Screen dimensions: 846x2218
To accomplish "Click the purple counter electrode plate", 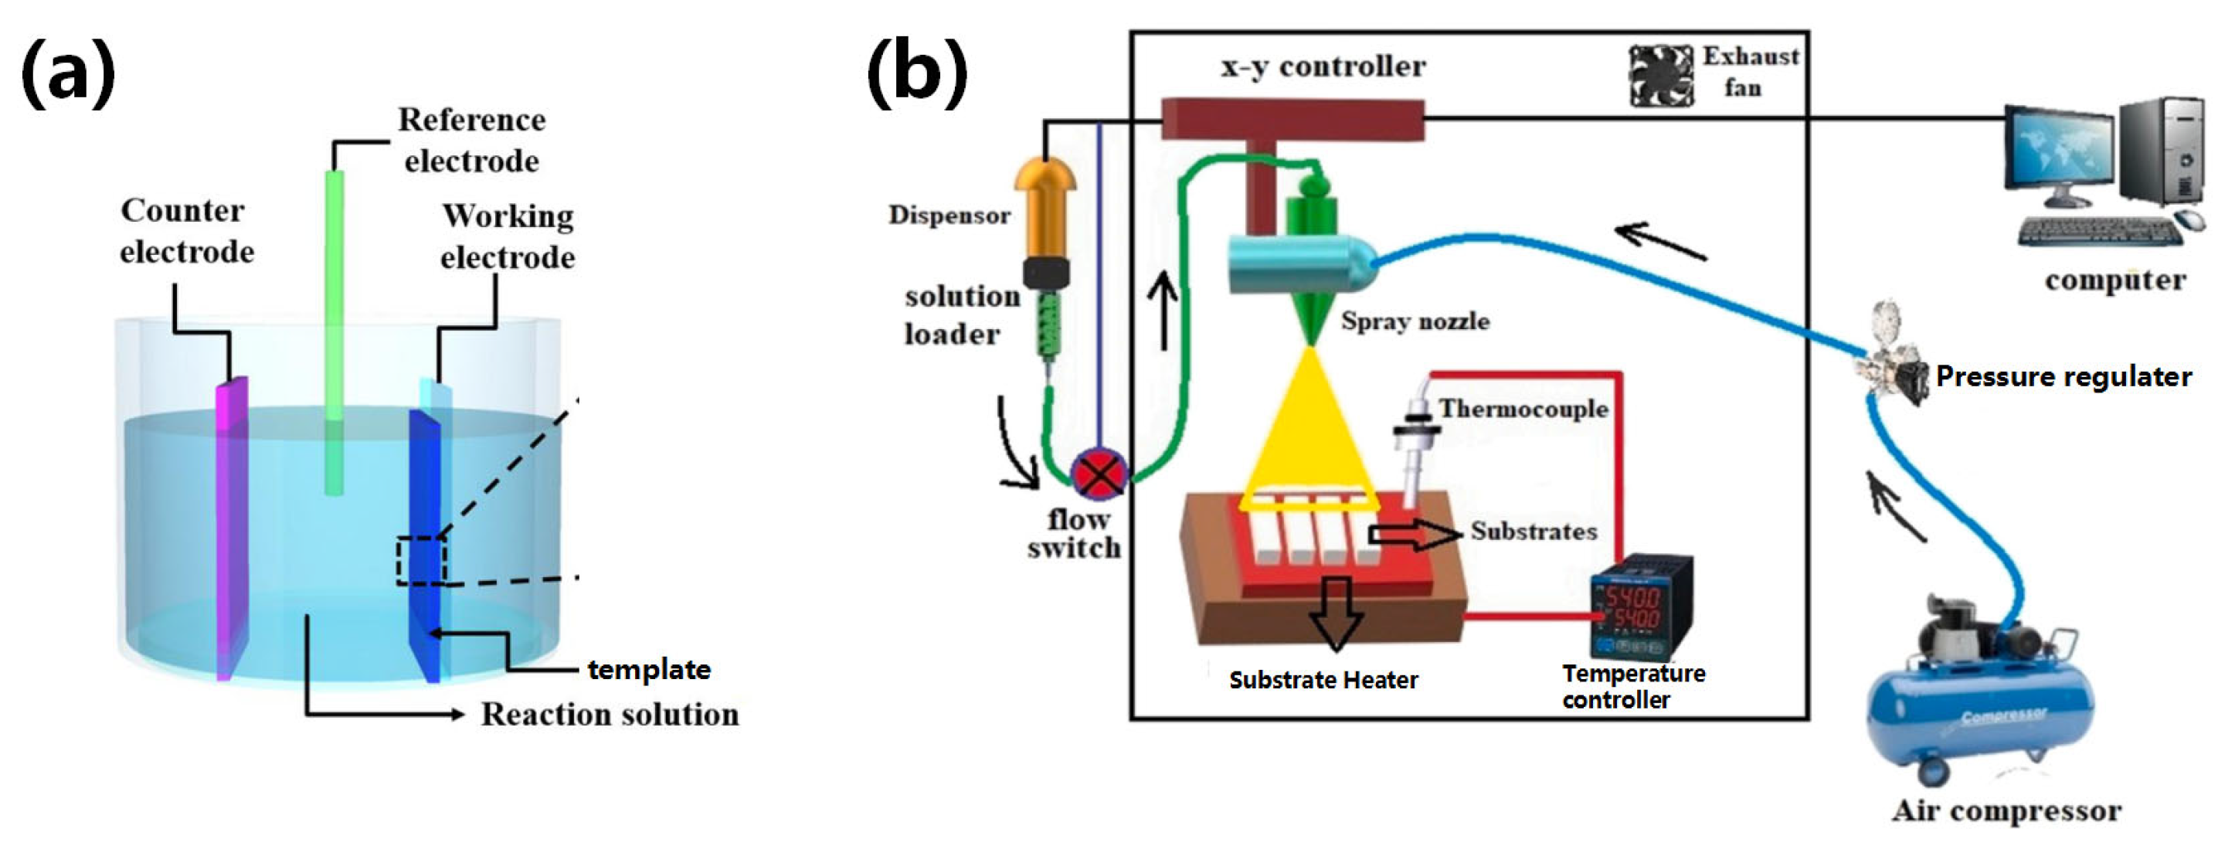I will (231, 525).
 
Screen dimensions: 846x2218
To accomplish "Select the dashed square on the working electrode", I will (422, 561).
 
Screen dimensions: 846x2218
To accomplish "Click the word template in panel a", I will (648, 669).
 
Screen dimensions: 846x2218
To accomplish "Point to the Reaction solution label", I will (610, 714).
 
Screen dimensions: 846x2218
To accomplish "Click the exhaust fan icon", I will (1661, 76).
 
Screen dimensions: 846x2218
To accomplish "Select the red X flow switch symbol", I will (1099, 474).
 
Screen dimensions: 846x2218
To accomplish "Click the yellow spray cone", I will (1309, 431).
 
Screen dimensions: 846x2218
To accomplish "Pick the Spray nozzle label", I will (1415, 321).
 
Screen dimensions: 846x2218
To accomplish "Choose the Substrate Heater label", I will (1323, 681).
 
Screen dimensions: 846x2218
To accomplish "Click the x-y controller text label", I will (1323, 66).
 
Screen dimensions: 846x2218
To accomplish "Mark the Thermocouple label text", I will (1522, 409).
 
